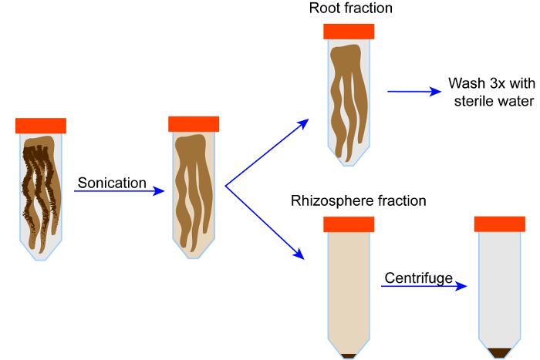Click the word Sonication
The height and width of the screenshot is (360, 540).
pyautogui.click(x=112, y=183)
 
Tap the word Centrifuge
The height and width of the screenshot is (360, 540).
pyautogui.click(x=418, y=278)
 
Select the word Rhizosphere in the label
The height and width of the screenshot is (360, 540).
pyautogui.click(x=332, y=201)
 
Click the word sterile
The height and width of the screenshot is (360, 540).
pyautogui.click(x=474, y=101)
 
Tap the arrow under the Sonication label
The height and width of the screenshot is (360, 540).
pyautogui.click(x=119, y=191)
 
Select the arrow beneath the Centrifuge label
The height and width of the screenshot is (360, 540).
pyautogui.click(x=424, y=286)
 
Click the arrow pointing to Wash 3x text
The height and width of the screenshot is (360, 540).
pyautogui.click(x=414, y=92)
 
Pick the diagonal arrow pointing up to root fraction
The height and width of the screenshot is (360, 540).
pyautogui.click(x=267, y=153)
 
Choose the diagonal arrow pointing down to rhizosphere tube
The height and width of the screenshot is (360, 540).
pyautogui.click(x=265, y=222)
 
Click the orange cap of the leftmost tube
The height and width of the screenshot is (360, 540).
pyautogui.click(x=41, y=126)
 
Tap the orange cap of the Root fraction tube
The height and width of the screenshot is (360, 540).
pyautogui.click(x=349, y=32)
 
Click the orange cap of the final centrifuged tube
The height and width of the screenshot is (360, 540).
pyautogui.click(x=500, y=224)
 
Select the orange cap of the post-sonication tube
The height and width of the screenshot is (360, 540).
pyautogui.click(x=194, y=124)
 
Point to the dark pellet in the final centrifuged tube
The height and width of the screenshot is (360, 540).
pyautogui.click(x=500, y=353)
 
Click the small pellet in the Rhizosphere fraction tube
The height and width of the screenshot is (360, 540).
pyautogui.click(x=349, y=356)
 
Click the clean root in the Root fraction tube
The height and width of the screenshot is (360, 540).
pyautogui.click(x=349, y=99)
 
